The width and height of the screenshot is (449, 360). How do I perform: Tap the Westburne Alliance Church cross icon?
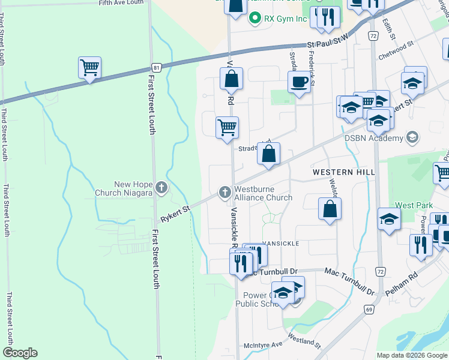click(x=224, y=192)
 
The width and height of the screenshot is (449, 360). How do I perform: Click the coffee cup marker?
click(x=299, y=83)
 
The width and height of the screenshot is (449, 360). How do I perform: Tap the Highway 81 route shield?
click(x=155, y=66)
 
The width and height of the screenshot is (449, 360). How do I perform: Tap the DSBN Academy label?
click(x=373, y=139)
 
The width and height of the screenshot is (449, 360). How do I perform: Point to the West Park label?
click(x=414, y=205)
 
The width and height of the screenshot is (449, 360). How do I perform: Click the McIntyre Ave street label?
click(x=263, y=345)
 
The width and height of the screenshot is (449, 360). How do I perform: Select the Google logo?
click(x=20, y=353)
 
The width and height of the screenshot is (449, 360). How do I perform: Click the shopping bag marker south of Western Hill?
click(x=330, y=210)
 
